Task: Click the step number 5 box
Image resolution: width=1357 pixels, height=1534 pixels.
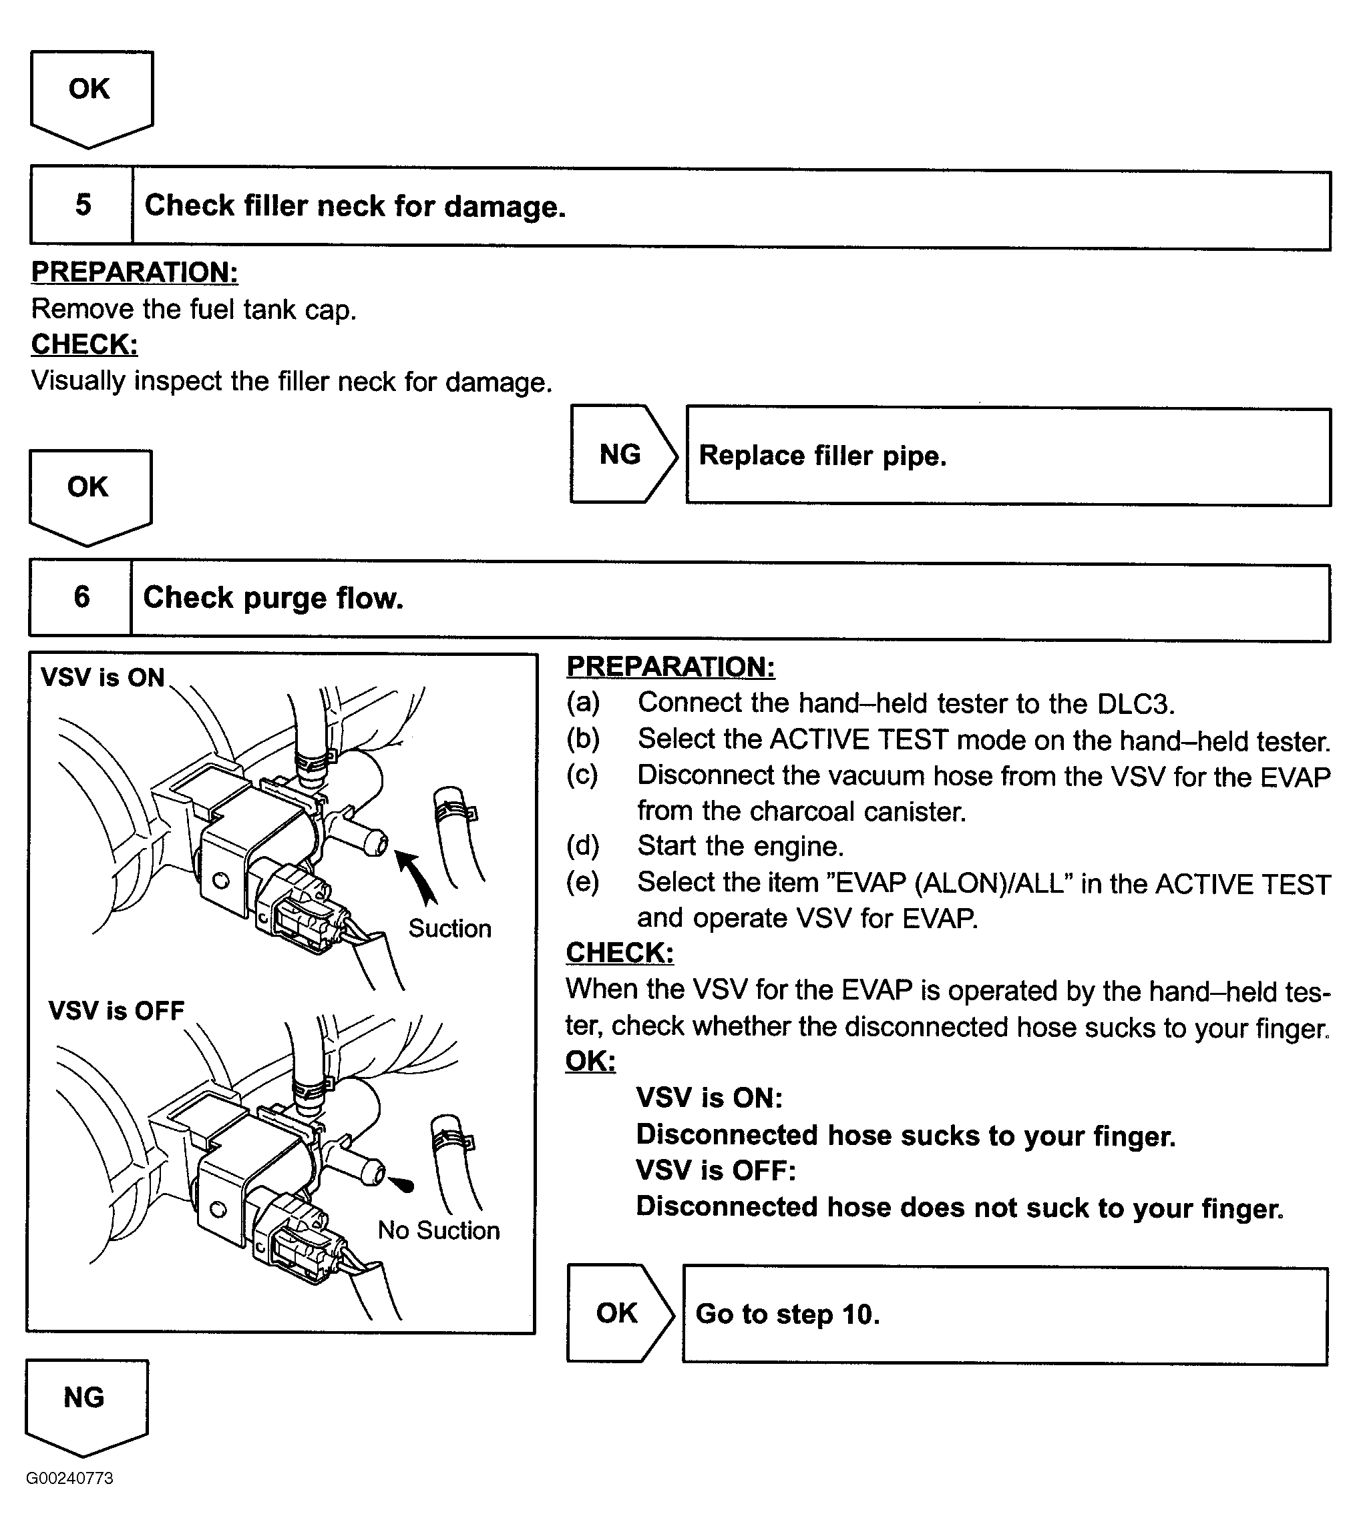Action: (83, 205)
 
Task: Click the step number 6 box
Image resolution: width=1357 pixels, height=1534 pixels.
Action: (81, 597)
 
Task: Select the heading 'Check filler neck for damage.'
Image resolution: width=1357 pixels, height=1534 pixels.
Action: (355, 206)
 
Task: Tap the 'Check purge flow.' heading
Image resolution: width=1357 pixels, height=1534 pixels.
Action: (273, 598)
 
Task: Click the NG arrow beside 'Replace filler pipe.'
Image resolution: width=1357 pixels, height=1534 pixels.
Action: (622, 454)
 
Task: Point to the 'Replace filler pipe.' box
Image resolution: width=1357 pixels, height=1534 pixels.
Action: (1008, 456)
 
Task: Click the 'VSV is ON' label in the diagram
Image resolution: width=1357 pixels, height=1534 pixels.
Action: (102, 677)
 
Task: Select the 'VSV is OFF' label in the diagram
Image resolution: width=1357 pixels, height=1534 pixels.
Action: (116, 1010)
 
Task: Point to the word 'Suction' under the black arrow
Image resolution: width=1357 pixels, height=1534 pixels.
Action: (450, 928)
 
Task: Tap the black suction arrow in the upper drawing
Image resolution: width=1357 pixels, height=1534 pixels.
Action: (417, 877)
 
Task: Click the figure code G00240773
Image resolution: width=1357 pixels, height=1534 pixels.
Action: (70, 1478)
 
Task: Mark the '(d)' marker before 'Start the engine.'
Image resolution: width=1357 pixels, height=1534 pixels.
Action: (583, 846)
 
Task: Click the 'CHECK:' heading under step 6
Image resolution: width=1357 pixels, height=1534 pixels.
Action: (620, 952)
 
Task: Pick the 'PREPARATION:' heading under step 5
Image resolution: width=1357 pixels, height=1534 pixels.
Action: (134, 272)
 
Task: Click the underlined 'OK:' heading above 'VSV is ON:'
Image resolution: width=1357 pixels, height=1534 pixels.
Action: (590, 1060)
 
